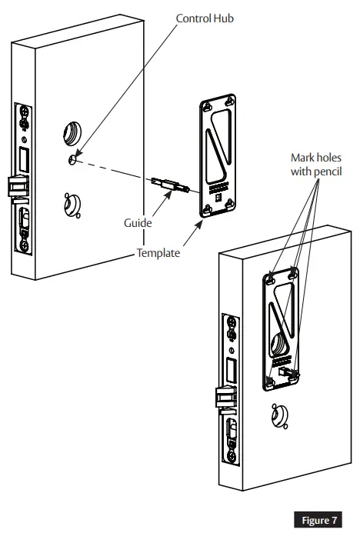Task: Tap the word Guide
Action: pos(138,222)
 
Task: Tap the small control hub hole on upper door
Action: pos(72,159)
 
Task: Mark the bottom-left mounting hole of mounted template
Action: pos(270,381)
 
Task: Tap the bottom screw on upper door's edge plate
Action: pos(25,246)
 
